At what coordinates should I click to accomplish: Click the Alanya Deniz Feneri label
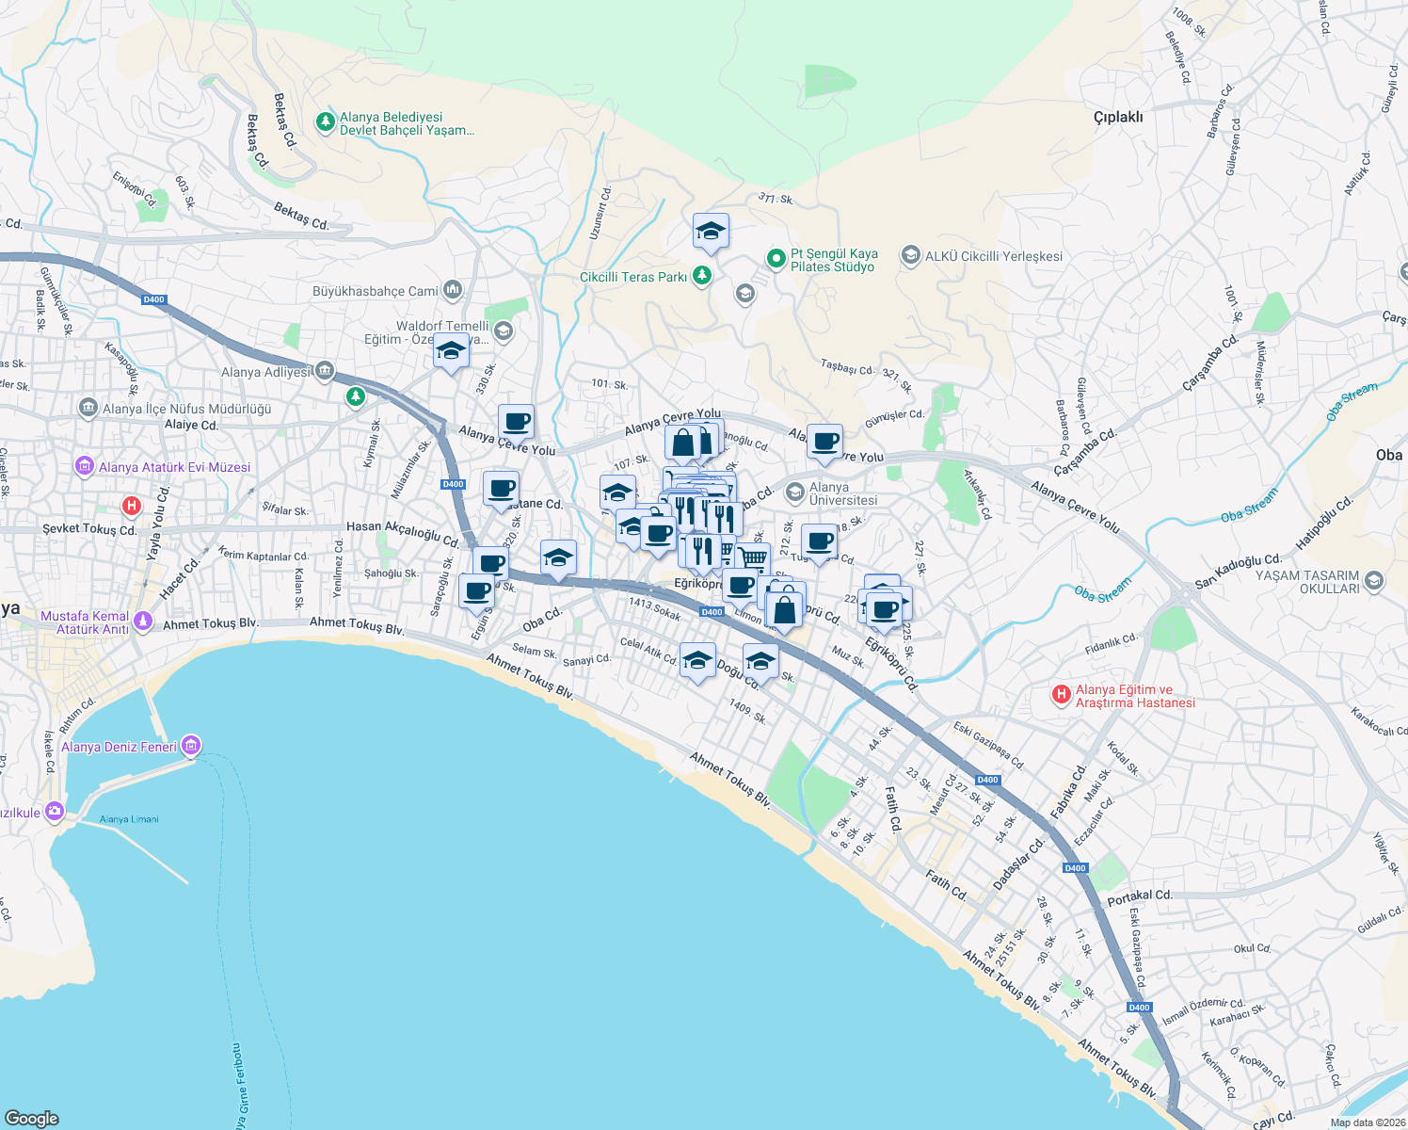119,747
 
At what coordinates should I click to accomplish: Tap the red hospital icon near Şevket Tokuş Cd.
132,506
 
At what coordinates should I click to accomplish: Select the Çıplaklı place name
1118,117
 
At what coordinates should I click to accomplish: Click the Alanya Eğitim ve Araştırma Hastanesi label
1135,696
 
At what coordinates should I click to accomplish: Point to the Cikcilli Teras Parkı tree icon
701,275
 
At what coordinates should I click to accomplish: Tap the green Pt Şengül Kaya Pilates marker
776,257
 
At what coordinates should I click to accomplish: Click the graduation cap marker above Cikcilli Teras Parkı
711,231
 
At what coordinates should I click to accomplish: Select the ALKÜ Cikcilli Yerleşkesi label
993,256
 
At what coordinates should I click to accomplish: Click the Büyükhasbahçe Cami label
376,291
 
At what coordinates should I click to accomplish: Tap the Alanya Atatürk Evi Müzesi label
174,467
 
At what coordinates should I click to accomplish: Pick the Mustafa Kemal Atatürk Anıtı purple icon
143,621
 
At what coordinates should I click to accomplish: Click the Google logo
31,1118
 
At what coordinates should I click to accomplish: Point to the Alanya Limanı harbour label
129,819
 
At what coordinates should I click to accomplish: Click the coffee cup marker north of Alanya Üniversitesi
824,441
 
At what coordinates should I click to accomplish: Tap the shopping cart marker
751,558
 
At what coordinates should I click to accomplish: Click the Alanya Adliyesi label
265,372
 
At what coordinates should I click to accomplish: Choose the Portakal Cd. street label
1140,896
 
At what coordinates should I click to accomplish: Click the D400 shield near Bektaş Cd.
153,299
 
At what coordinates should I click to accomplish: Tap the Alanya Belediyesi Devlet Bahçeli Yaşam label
406,123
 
